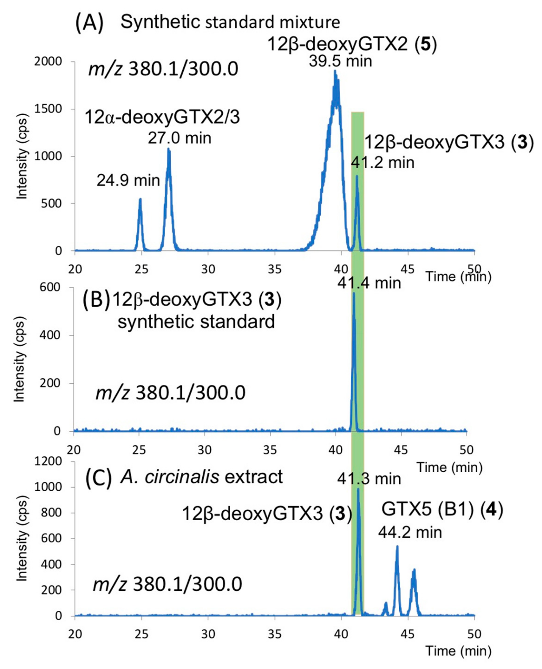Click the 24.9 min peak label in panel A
pyautogui.click(x=128, y=181)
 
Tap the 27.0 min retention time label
pyautogui.click(x=179, y=138)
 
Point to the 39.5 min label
pyautogui.click(x=340, y=61)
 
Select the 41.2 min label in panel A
pyautogui.click(x=383, y=163)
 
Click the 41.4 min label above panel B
pyautogui.click(x=369, y=283)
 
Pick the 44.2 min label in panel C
pyautogui.click(x=410, y=532)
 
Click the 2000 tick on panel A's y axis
pyautogui.click(x=48, y=62)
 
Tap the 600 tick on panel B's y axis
pyautogui.click(x=50, y=288)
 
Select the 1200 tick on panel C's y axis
pyautogui.click(x=48, y=462)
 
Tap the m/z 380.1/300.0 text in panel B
pyautogui.click(x=170, y=393)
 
